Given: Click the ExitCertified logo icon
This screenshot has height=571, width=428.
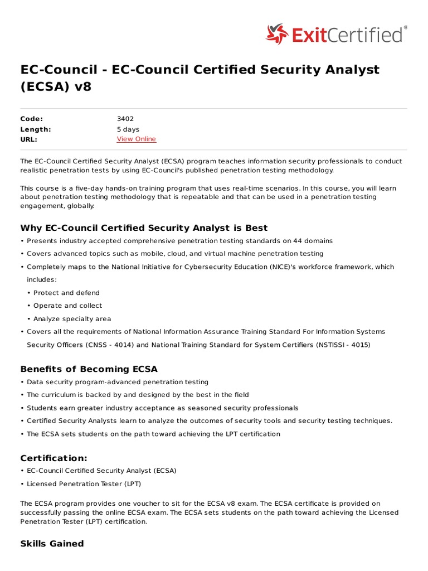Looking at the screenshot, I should pyautogui.click(x=277, y=34).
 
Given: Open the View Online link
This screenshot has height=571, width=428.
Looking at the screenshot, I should pyautogui.click(x=136, y=139).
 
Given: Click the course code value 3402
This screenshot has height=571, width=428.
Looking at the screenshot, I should pyautogui.click(x=125, y=119).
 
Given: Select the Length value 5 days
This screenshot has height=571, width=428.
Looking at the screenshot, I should pyautogui.click(x=128, y=129).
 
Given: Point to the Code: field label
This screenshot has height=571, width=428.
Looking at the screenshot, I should pyautogui.click(x=31, y=119).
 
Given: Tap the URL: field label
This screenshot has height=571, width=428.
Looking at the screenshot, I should pyautogui.click(x=29, y=139).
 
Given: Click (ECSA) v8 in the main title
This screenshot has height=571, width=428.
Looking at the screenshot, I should pyautogui.click(x=55, y=87).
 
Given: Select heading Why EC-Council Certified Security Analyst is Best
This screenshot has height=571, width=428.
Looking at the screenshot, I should pyautogui.click(x=144, y=228).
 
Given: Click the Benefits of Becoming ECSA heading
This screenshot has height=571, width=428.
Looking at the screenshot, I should pyautogui.click(x=89, y=369).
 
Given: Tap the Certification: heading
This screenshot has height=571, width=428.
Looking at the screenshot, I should pyautogui.click(x=53, y=458).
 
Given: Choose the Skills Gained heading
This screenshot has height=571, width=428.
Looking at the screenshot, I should pyautogui.click(x=52, y=544).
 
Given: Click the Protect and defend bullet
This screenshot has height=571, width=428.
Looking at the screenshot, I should pyautogui.click(x=66, y=293).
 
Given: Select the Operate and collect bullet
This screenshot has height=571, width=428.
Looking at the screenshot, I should pyautogui.click(x=67, y=306).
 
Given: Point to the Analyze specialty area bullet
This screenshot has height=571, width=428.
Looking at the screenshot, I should pyautogui.click(x=72, y=319).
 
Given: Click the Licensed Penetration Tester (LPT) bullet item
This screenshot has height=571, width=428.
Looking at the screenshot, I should pyautogui.click(x=84, y=483).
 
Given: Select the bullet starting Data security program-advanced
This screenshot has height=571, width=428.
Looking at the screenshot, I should pyautogui.click(x=117, y=382).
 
